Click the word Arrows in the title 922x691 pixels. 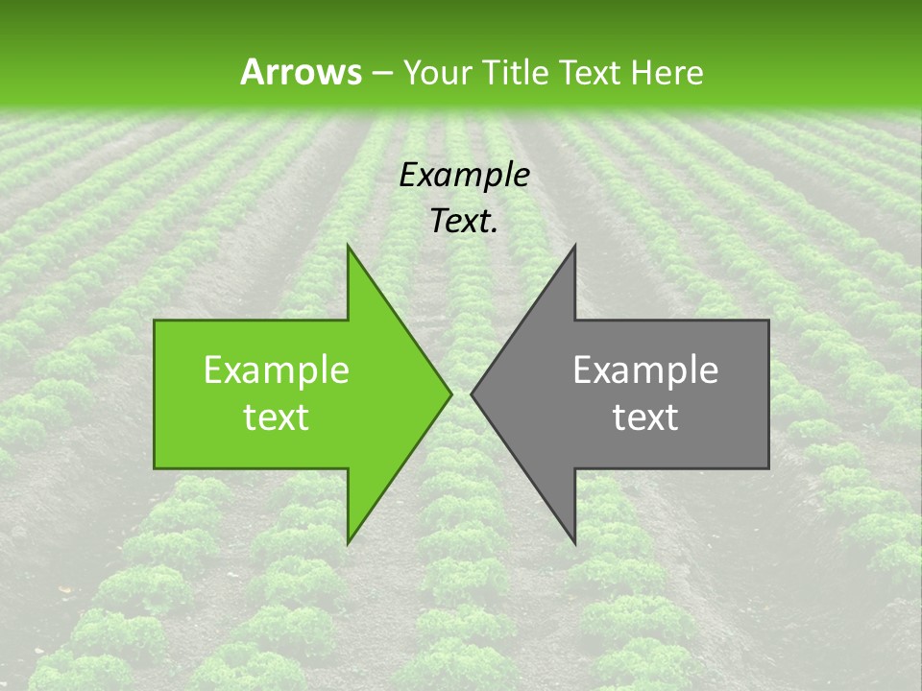point(300,72)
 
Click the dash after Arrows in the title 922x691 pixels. point(381,73)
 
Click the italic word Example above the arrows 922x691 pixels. point(464,175)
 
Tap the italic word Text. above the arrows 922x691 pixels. point(464,222)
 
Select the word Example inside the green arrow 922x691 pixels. point(277,370)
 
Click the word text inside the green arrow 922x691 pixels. point(277,417)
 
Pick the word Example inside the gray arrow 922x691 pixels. point(645,370)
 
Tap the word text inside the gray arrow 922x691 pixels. point(645,417)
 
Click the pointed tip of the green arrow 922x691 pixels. point(450,393)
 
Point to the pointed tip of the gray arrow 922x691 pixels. point(473,393)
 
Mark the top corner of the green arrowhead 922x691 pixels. point(349,246)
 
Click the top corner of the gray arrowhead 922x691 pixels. point(574,246)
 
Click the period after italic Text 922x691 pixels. point(495,231)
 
